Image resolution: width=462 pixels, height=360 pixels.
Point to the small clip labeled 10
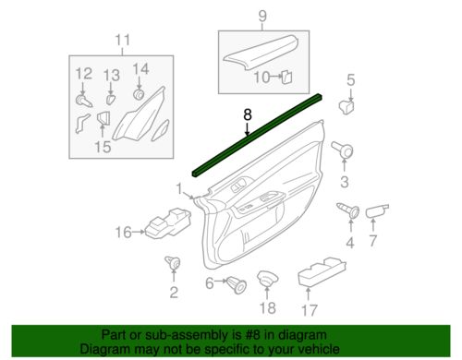click(286, 78)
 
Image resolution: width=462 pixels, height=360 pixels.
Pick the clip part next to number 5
click(349, 104)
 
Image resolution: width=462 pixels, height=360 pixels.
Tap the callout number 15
click(102, 146)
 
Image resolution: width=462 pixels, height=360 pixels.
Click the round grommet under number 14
click(139, 93)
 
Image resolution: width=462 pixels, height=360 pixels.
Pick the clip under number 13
click(110, 96)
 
